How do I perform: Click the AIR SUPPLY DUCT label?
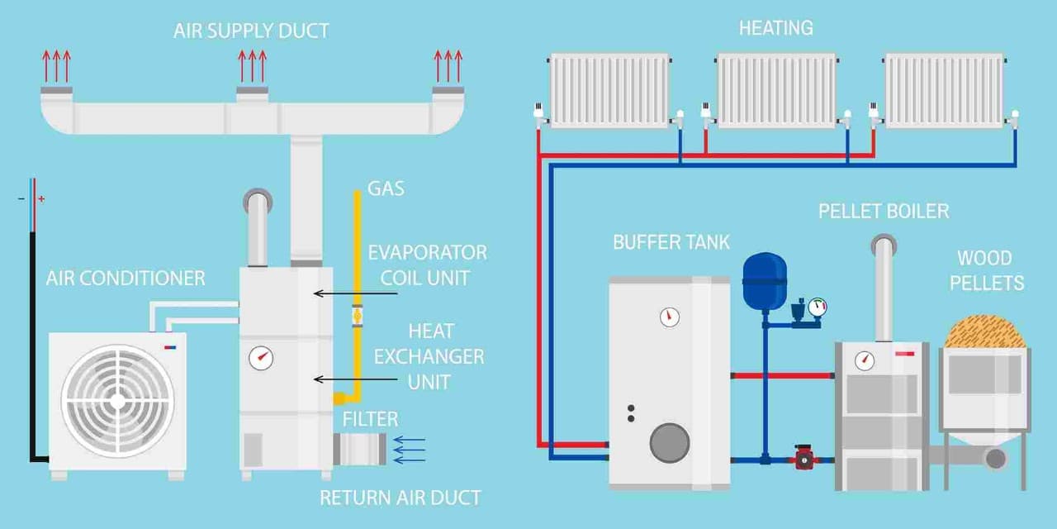251,31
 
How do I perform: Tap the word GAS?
386,188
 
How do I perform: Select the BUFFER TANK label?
671,242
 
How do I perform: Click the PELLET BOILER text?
884,212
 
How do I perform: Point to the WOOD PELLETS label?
986,271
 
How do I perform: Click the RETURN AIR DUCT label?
400,498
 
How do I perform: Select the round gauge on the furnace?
261,358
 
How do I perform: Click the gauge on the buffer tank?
670,317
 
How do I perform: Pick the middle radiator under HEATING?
776,90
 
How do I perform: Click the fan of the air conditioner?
117,401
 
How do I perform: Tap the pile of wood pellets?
984,331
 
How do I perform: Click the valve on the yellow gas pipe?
357,315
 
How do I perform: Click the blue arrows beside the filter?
410,450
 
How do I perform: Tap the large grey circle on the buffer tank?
669,442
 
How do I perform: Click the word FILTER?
371,419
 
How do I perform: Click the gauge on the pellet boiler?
865,360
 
